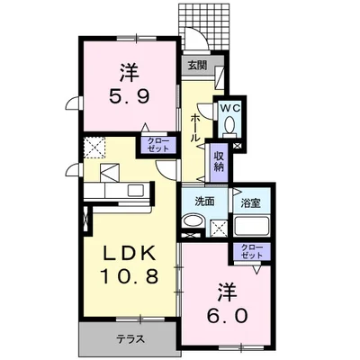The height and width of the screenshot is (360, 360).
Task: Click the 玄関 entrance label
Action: tap(197, 65)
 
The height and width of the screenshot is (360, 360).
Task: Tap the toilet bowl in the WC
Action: tap(229, 123)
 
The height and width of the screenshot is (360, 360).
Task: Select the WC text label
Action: tap(229, 105)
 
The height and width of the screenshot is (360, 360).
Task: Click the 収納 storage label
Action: tap(219, 161)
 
